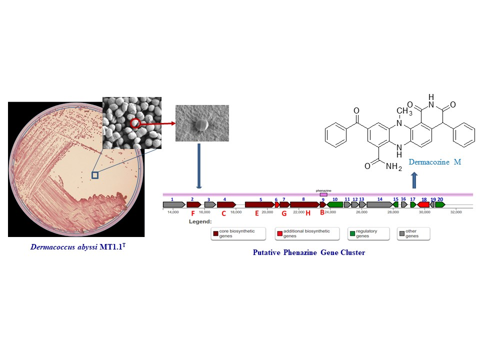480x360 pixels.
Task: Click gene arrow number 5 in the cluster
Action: point(259,204)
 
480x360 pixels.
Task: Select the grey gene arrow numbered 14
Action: point(379,204)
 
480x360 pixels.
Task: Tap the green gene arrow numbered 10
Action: point(335,204)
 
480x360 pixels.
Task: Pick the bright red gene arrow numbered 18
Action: point(423,204)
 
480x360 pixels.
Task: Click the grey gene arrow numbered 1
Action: point(173,204)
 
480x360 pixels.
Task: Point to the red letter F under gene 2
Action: point(193,213)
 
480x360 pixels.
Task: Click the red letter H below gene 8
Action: point(308,213)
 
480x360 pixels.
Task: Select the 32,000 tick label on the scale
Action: point(455,212)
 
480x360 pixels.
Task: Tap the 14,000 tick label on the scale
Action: point(173,212)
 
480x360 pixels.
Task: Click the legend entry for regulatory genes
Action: point(362,233)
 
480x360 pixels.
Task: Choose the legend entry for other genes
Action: point(412,233)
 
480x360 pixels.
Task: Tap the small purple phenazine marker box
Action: point(323,194)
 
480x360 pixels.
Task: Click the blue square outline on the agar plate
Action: point(95,175)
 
